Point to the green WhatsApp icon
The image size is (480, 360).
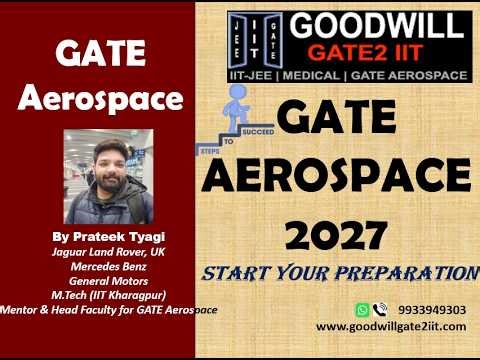(x=363, y=310)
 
